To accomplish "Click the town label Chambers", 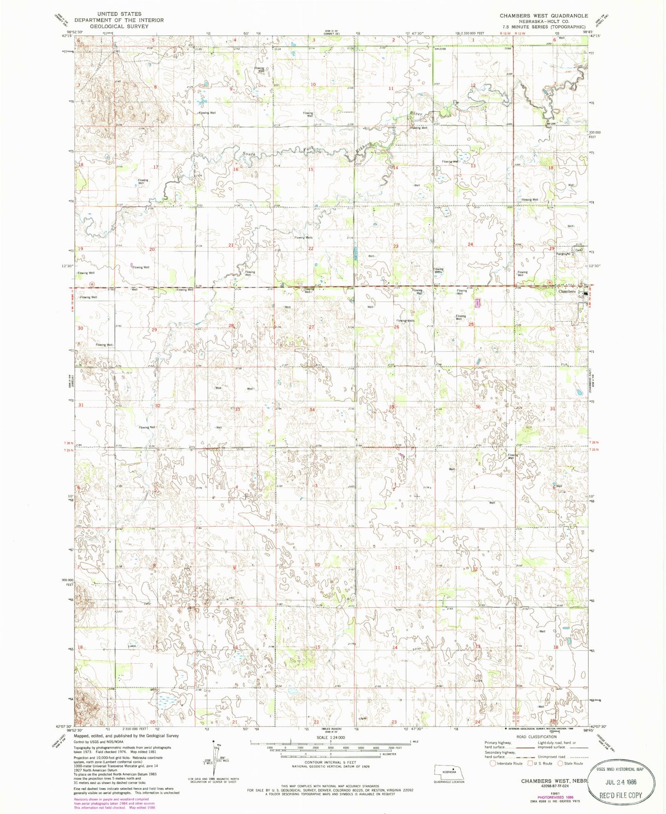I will coord(567,291).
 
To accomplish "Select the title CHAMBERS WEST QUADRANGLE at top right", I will coord(544,16).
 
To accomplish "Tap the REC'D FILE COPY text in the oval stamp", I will coord(626,795).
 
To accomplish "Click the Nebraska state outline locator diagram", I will coord(445,771).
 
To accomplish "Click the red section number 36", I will coord(478,407).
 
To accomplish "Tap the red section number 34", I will coord(312,410).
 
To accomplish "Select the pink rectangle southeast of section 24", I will coord(478,303).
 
